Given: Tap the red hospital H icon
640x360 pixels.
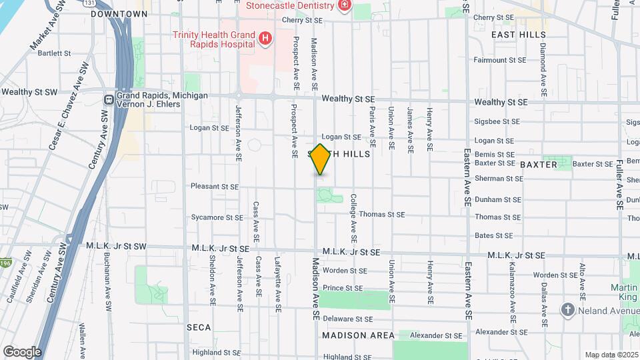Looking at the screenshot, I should coord(265,39).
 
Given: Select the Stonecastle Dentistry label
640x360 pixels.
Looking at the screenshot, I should coord(289,6).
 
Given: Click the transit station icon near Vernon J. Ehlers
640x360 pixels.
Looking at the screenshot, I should coord(108,99).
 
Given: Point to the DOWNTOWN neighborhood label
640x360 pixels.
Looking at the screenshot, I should coord(119,14).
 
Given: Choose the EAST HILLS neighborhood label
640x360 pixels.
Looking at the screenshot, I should coord(518,35).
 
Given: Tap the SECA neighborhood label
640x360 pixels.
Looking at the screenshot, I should coord(199,327).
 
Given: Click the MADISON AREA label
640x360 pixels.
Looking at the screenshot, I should coord(358,335).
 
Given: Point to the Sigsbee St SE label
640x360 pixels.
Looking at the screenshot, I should coord(497,122).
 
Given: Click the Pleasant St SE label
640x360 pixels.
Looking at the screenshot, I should coord(214,187).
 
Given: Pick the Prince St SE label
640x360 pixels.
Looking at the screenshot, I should coord(343,288).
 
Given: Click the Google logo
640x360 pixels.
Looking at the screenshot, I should coord(22,351).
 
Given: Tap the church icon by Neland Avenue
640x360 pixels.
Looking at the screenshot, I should coord(567,309).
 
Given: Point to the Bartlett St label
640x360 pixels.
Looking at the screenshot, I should coord(54,53).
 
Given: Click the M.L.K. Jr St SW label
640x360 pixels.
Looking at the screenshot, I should coord(116,246).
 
